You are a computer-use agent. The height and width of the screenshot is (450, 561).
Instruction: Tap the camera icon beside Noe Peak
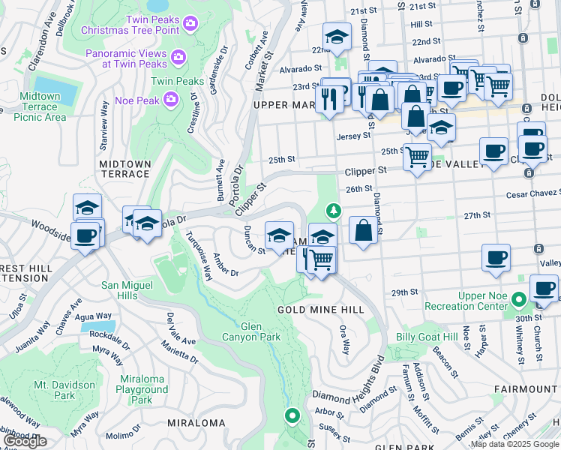click(171, 99)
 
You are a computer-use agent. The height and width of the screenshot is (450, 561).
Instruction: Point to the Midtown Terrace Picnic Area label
click(40, 106)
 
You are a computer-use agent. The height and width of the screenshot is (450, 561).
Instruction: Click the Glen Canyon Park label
click(250, 331)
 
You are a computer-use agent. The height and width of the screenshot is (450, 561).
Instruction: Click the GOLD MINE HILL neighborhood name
click(320, 309)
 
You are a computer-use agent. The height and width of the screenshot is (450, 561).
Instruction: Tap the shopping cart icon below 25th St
click(417, 157)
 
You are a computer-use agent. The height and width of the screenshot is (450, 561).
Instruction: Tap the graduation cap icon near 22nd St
click(337, 37)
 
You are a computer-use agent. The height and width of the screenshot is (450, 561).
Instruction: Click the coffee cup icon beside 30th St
click(544, 288)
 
